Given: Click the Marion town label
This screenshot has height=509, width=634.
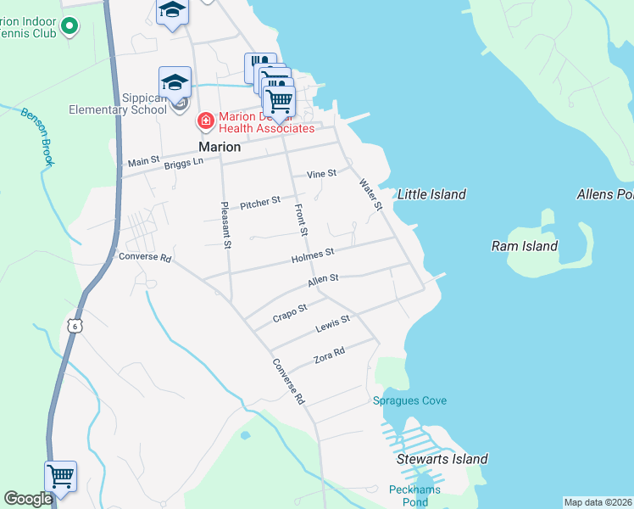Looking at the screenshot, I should tap(220, 146).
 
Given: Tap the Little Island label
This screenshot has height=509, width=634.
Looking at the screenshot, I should tap(431, 194).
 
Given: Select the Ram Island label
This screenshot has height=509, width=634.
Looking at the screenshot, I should tap(525, 246).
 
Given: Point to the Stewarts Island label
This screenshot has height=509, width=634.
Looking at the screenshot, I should tap(442, 459).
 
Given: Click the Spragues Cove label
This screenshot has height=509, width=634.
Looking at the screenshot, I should tap(409, 400).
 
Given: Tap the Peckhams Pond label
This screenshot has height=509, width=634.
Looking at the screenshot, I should tap(409, 495).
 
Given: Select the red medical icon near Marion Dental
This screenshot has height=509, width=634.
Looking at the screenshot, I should tap(204, 122).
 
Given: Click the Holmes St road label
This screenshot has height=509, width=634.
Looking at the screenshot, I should tap(313, 254).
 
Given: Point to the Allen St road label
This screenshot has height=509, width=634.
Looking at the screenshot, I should tap(323, 278).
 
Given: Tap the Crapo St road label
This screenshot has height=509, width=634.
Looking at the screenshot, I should tap(289, 315).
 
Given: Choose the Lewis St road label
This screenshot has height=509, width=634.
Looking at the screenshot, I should tap(332, 323).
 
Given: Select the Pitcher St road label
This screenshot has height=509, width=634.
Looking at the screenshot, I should tap(260, 204).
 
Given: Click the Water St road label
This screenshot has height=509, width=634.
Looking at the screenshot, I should tap(371, 194).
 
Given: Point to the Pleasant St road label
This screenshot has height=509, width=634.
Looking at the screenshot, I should tap(225, 225).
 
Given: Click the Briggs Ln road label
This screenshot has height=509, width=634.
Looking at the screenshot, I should tap(185, 162).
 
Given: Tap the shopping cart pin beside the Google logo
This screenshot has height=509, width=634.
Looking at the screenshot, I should tap(61, 476).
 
